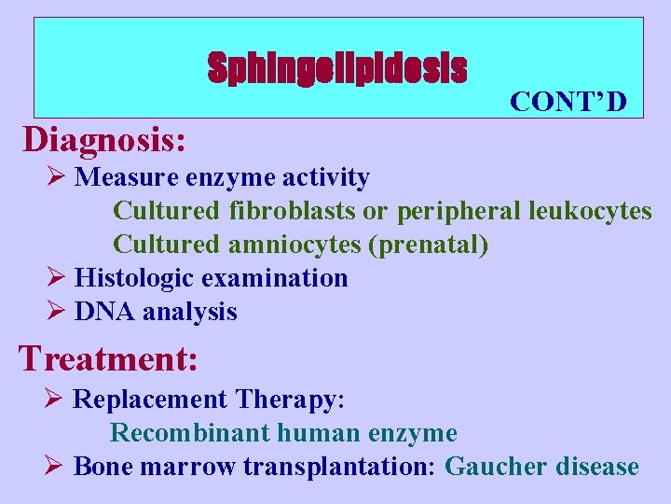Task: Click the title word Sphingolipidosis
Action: [x=336, y=68]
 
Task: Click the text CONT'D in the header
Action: [x=568, y=101]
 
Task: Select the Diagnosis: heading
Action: [x=104, y=139]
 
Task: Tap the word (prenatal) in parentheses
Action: [x=429, y=245]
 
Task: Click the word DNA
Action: [x=104, y=312]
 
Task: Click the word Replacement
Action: [x=150, y=399]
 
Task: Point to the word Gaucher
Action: [x=495, y=467]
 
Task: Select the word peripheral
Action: [x=459, y=211]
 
